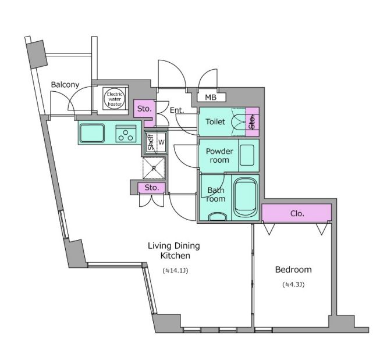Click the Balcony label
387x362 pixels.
(x=65, y=84)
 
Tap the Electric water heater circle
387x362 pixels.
(x=115, y=99)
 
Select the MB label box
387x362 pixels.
(x=211, y=98)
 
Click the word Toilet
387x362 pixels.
(x=215, y=121)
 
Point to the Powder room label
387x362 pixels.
(x=219, y=156)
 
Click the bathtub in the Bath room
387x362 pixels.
(x=246, y=197)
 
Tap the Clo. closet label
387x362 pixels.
(x=297, y=213)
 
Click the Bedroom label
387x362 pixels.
(x=293, y=270)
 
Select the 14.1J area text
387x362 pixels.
(x=176, y=271)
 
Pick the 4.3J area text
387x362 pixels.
(x=293, y=284)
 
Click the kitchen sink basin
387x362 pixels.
(x=92, y=133)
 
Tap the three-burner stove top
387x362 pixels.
(x=126, y=134)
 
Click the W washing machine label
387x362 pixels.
(x=161, y=142)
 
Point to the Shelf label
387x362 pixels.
(x=150, y=142)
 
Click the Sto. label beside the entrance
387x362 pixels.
(x=144, y=109)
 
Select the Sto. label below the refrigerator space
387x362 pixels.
(x=151, y=188)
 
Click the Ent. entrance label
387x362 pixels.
(x=177, y=110)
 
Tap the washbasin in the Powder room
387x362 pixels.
(x=247, y=155)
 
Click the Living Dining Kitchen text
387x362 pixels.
(x=174, y=250)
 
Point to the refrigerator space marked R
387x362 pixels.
(x=154, y=169)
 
